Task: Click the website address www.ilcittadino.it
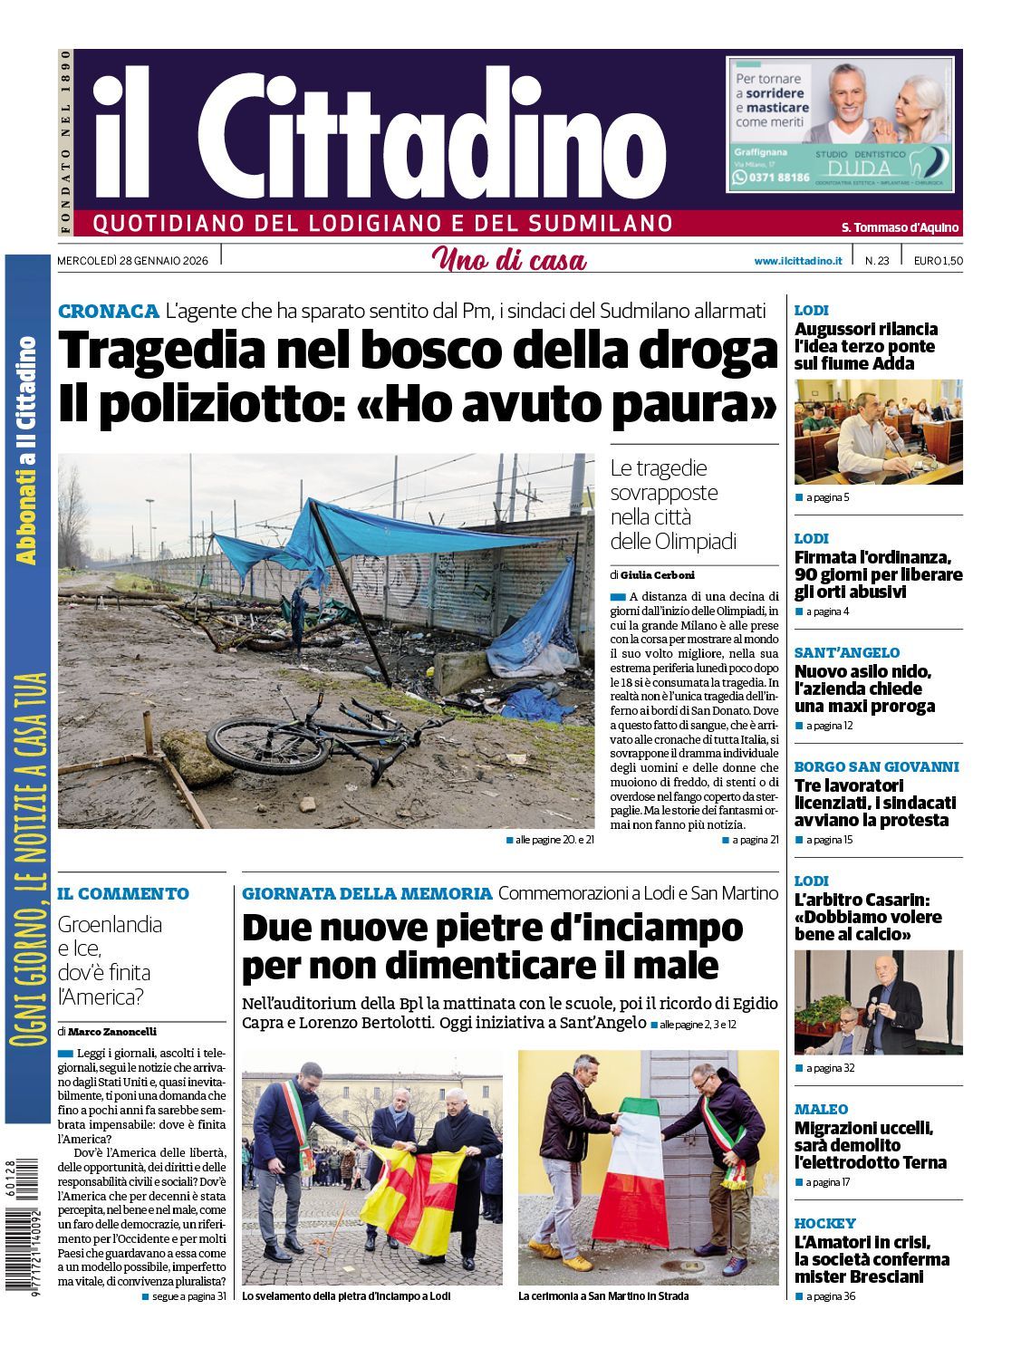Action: click(x=797, y=261)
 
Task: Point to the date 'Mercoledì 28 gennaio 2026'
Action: click(x=132, y=261)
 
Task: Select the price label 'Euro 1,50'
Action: click(x=938, y=261)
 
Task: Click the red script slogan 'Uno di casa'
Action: click(x=509, y=260)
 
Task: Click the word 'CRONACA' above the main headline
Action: click(x=108, y=312)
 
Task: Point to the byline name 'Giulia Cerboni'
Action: click(x=657, y=574)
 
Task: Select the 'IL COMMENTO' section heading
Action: click(x=123, y=893)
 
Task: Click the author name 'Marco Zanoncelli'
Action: click(x=112, y=1031)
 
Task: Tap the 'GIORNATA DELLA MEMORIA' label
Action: click(x=367, y=893)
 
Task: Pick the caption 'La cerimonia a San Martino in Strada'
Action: click(x=602, y=1296)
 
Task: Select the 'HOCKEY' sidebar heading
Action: click(x=824, y=1223)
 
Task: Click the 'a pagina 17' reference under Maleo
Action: click(x=827, y=1182)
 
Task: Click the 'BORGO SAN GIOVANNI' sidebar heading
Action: click(x=876, y=766)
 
